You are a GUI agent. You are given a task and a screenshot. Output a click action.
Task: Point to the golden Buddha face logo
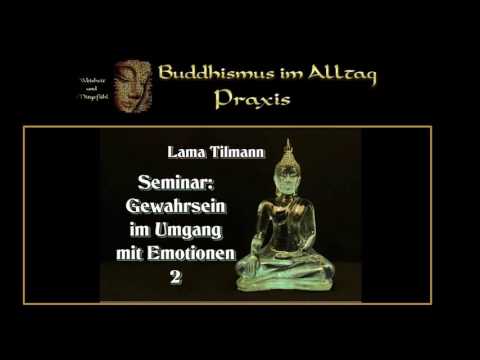132,85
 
